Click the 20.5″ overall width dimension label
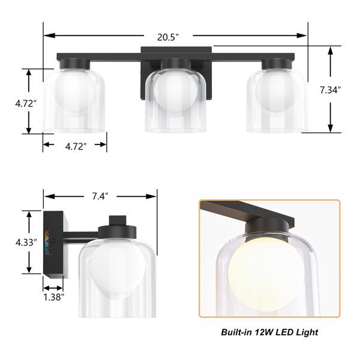168,37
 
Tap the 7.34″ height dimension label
331,90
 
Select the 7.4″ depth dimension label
100,196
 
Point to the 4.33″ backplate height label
26,242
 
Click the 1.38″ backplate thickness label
53,297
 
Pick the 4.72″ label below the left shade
76,146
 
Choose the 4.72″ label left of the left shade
26,104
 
